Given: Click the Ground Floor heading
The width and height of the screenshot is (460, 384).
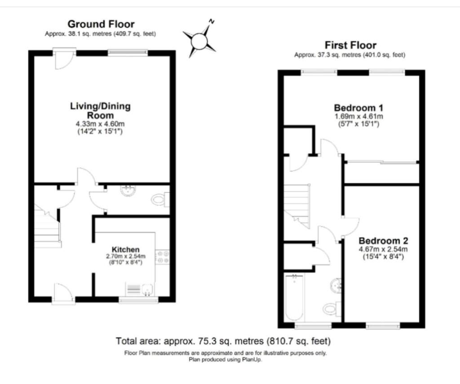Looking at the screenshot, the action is (101, 24).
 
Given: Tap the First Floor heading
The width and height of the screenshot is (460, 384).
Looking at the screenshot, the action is (350, 45).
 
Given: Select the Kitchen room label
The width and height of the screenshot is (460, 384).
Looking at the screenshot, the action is (126, 250).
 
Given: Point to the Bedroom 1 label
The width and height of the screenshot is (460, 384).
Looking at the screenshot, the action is (358, 108).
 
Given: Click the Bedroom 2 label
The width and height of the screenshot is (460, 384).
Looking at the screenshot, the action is (383, 241).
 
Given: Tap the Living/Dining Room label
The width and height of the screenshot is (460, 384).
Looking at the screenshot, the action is (100, 111).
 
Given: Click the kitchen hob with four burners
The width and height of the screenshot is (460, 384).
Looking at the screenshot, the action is (163, 257).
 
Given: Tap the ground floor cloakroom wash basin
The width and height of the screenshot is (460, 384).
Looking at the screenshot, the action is (128, 190).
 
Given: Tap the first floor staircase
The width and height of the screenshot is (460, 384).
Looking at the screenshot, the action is (297, 206).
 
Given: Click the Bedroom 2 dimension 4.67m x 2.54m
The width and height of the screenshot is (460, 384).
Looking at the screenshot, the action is (383, 250).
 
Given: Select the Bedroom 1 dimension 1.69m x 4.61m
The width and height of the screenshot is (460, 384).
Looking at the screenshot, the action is (358, 116).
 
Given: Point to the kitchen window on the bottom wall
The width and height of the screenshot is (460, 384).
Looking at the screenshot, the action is (138, 299).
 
